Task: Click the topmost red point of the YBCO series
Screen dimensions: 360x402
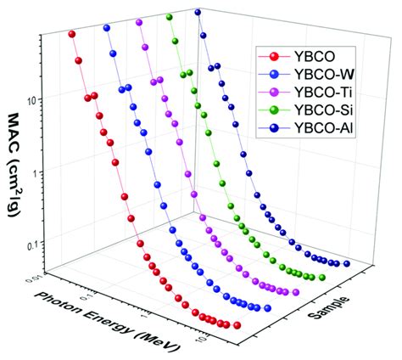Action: pyautogui.click(x=72, y=35)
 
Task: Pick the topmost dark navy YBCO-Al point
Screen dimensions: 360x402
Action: pyautogui.click(x=198, y=13)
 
